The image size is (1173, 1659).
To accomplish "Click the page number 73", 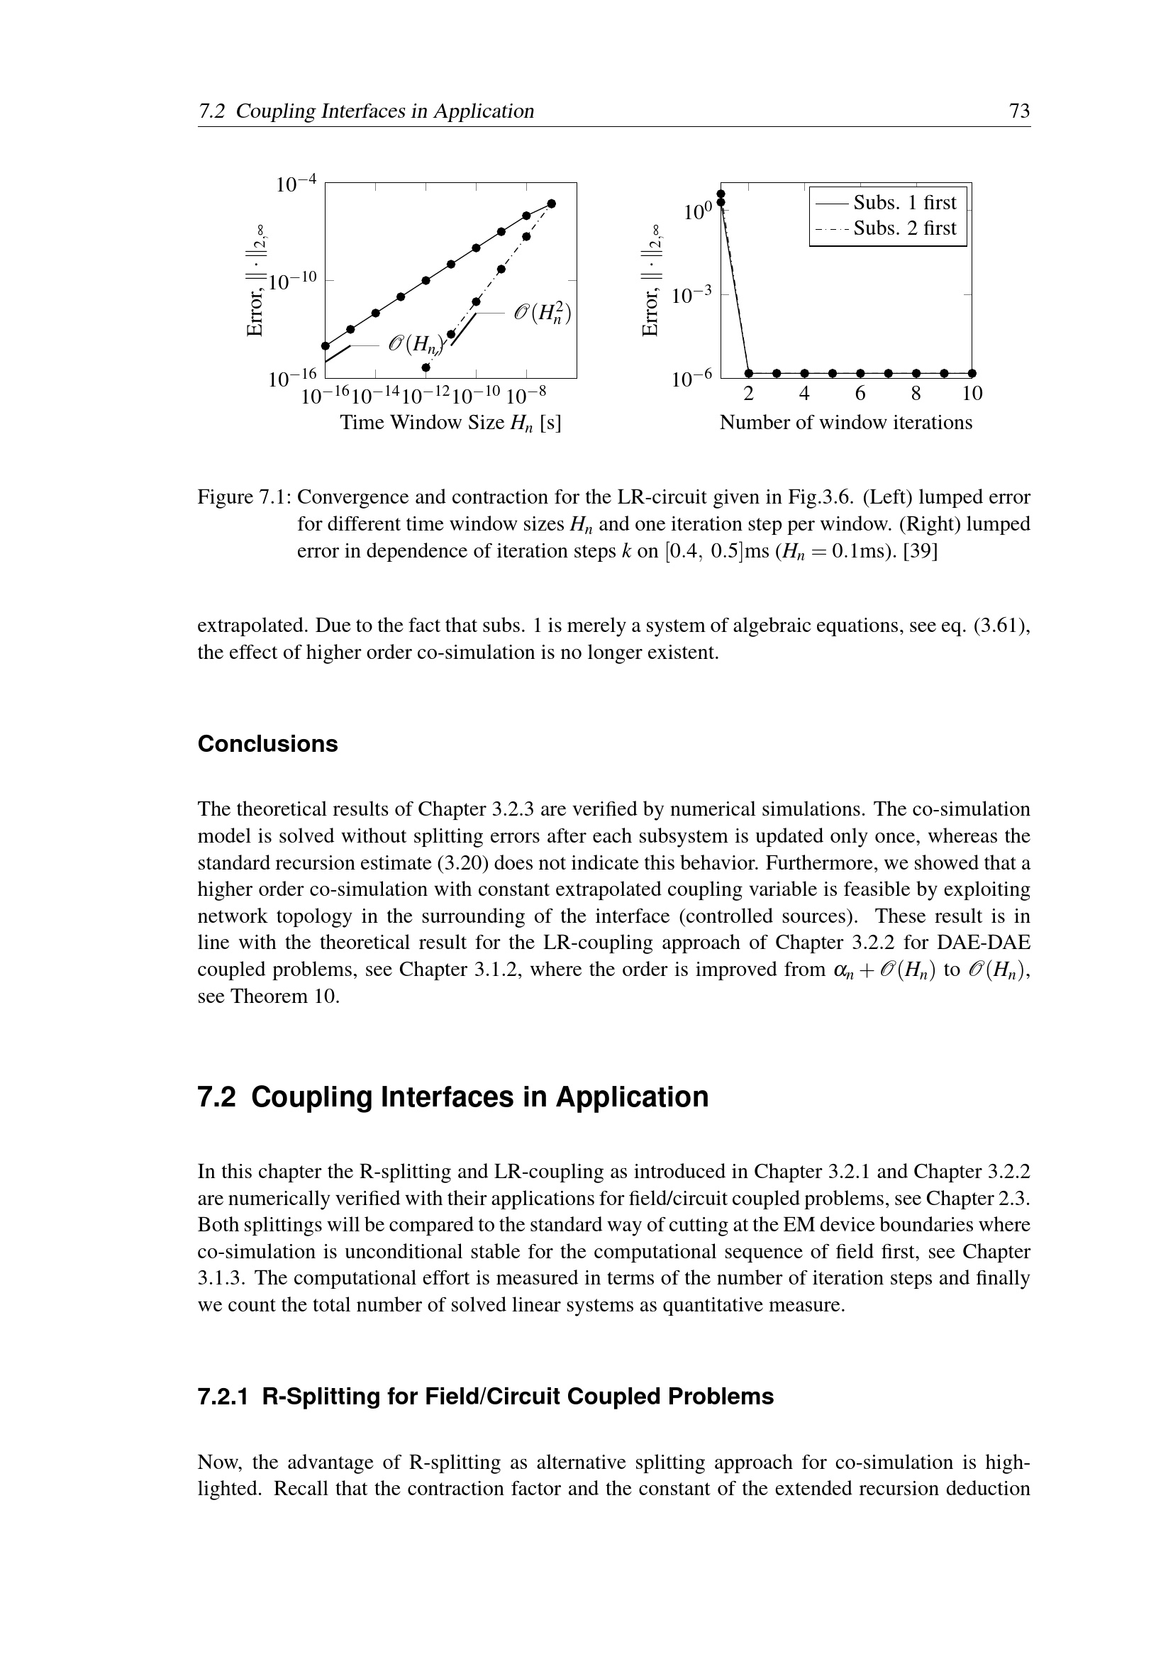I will click(1019, 111).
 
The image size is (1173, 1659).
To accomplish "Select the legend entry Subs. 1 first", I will click(904, 202).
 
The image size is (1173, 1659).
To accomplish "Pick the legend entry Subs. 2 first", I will click(904, 228).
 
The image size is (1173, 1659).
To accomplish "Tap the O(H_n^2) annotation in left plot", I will click(543, 313).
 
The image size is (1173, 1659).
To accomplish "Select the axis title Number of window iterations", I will click(846, 423).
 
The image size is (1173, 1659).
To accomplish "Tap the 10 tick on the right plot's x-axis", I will click(972, 394).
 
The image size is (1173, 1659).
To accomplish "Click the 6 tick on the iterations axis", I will click(860, 394).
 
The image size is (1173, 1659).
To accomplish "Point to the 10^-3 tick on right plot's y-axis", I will click(692, 296).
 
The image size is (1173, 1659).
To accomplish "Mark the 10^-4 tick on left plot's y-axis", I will click(297, 184).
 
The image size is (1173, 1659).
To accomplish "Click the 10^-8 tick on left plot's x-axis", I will click(526, 396).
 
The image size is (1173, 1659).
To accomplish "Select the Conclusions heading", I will click(267, 744).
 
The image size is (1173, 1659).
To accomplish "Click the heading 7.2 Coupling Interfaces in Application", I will click(453, 1097).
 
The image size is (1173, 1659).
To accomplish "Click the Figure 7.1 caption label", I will click(244, 497).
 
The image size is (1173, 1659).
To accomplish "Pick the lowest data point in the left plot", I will click(426, 368).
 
